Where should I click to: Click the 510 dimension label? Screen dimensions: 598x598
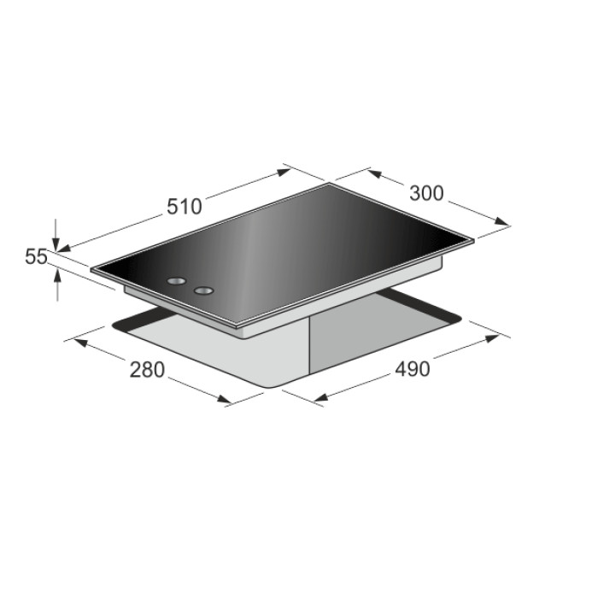pos(185,207)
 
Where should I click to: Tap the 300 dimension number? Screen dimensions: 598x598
pos(426,193)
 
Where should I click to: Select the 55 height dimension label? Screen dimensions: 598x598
pos(36,256)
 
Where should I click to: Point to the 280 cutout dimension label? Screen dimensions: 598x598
pos(147,370)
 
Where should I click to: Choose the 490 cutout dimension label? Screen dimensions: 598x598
pos(413,369)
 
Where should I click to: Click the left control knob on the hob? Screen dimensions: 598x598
pos(176,281)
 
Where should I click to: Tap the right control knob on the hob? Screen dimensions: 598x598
pos(203,290)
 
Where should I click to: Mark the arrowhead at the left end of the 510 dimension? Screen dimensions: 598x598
pos(64,249)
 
